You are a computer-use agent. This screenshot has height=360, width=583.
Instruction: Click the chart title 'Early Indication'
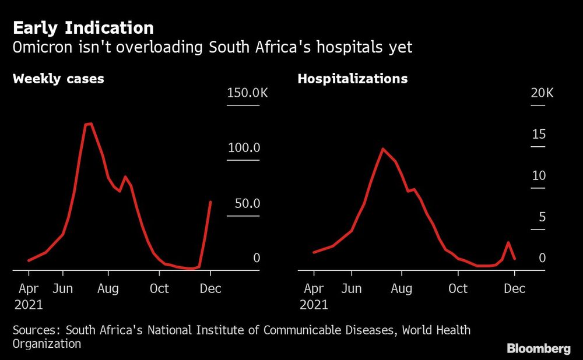[83, 28]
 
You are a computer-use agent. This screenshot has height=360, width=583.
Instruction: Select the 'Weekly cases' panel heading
[58, 79]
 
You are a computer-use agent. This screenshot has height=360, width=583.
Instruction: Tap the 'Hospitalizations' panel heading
[353, 79]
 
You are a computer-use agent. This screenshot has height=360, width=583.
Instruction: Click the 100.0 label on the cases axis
[244, 149]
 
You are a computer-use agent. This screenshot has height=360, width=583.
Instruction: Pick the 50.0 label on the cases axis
[248, 204]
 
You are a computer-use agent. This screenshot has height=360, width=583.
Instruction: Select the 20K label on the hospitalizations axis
[542, 94]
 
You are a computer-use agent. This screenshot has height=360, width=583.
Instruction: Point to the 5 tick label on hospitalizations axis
[542, 217]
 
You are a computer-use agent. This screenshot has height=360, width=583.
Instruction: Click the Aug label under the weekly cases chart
[108, 288]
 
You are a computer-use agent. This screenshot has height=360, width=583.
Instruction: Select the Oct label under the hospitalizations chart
[458, 288]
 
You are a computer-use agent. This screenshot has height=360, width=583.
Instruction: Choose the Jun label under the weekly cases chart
[62, 288]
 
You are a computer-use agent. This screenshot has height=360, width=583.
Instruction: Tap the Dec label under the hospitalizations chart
[514, 288]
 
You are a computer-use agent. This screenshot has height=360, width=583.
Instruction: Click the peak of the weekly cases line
[89, 123]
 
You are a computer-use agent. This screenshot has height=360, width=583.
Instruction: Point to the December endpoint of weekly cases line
[210, 202]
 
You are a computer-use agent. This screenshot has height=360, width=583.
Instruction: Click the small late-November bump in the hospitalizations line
[508, 242]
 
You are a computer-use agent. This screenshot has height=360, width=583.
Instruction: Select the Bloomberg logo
[538, 348]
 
